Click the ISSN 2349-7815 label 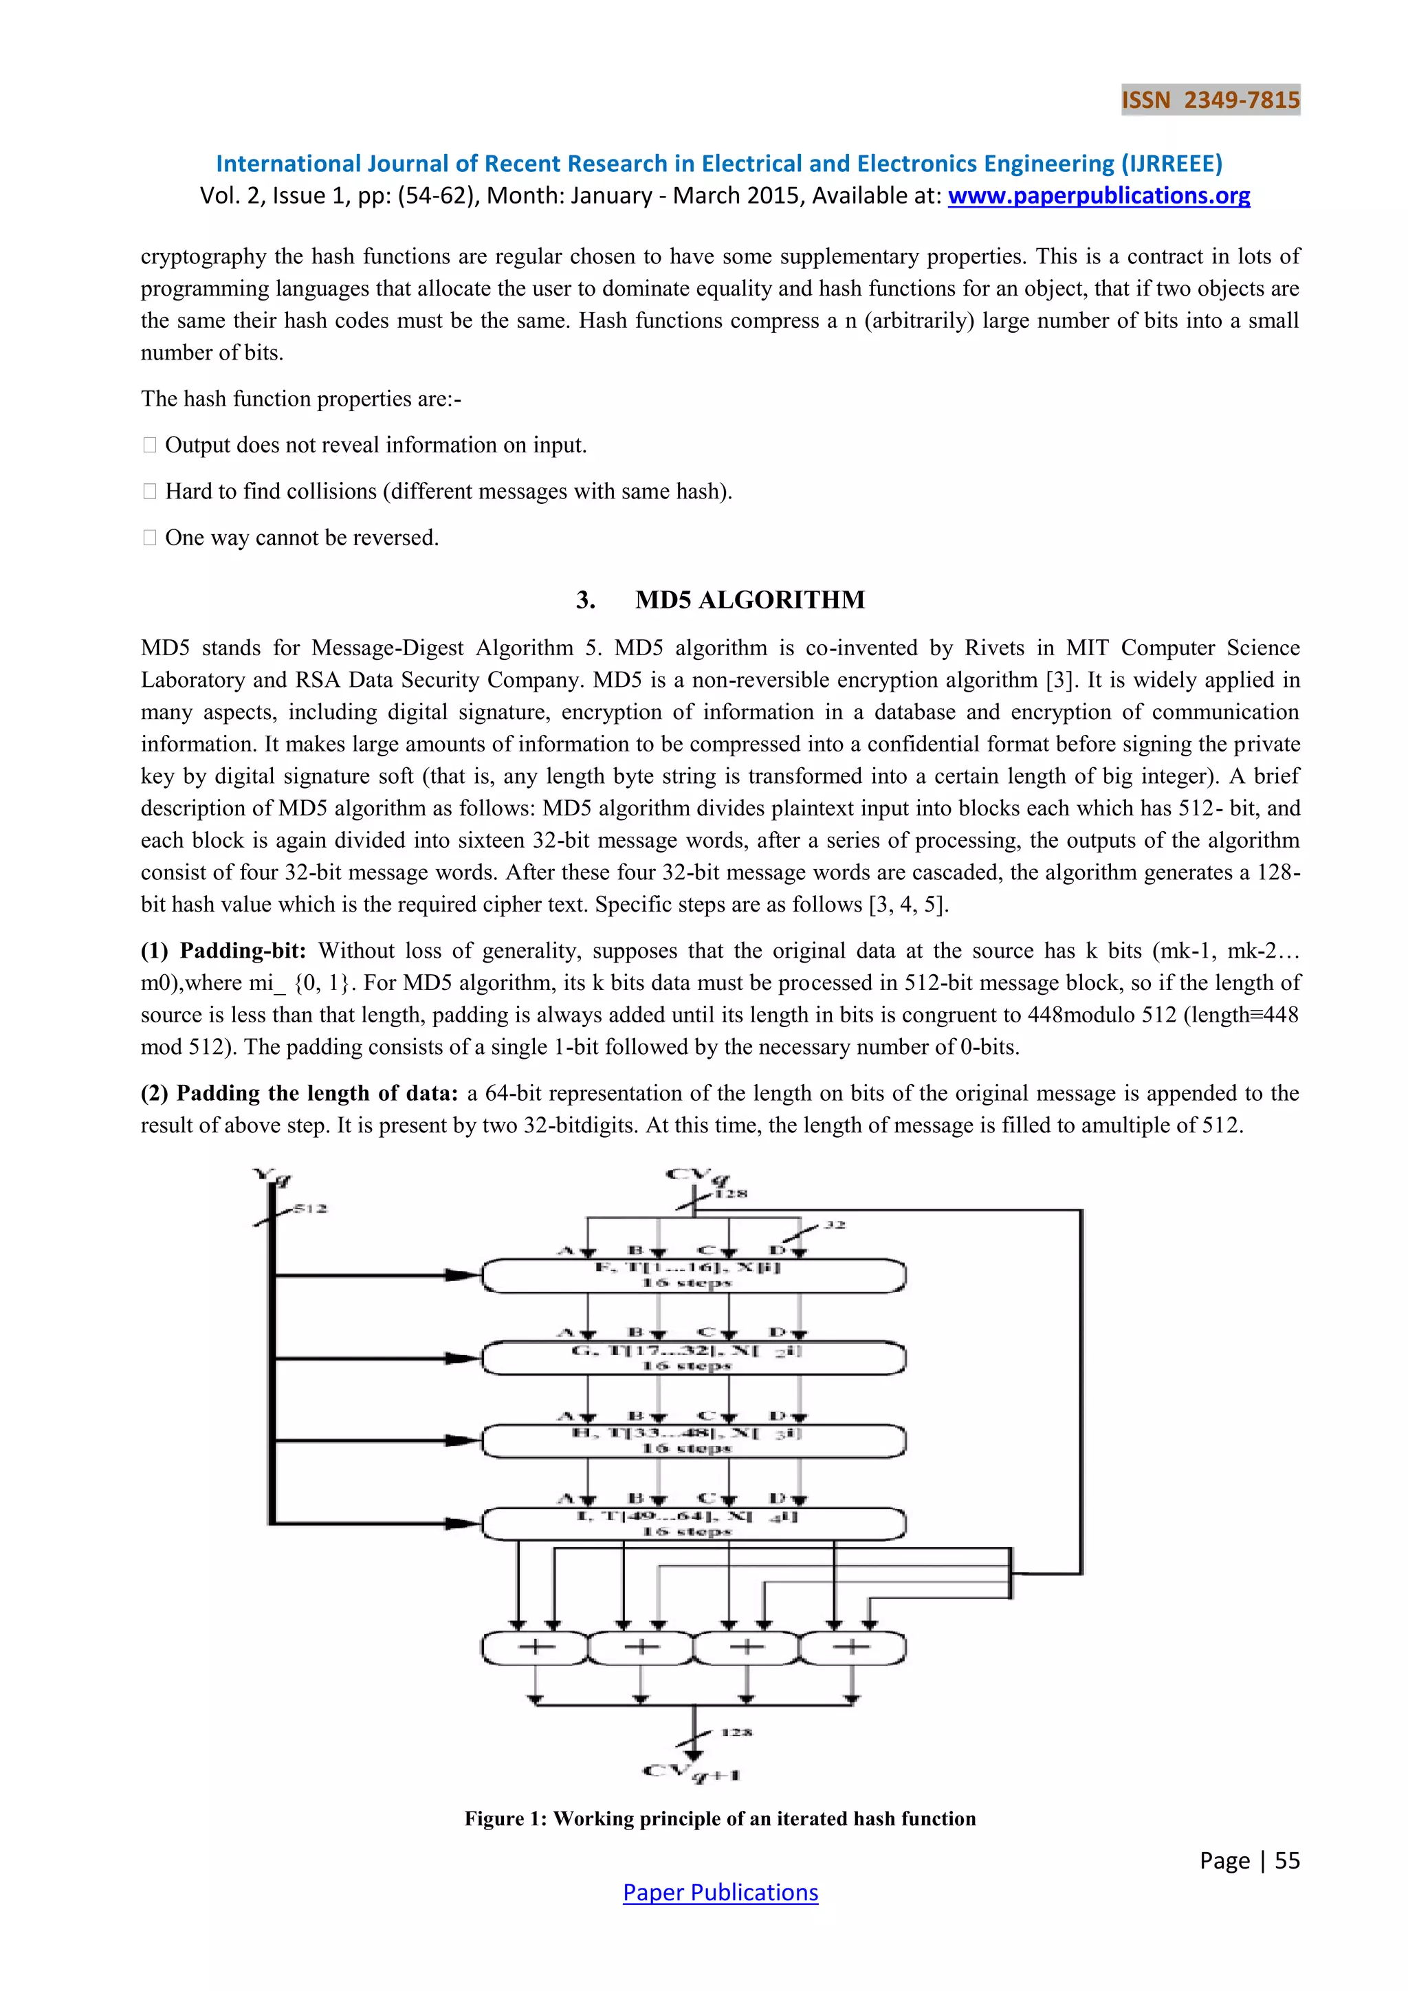[x=1210, y=100]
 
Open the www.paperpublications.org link [x=1099, y=196]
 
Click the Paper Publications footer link [x=720, y=1892]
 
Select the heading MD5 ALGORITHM [x=750, y=600]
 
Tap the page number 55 [x=1286, y=1860]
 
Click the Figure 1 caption [x=720, y=1818]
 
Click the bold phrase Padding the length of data [x=316, y=1094]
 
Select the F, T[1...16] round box [x=694, y=1275]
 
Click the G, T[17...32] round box [x=694, y=1358]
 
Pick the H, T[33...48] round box [x=694, y=1441]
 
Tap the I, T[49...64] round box [x=694, y=1523]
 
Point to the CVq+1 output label [x=691, y=1772]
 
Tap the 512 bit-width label [x=309, y=1209]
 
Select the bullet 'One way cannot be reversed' [x=302, y=538]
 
